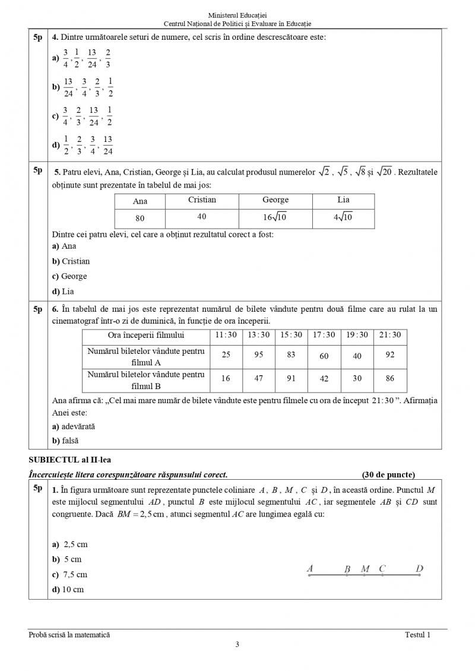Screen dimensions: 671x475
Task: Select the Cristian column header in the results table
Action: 202,200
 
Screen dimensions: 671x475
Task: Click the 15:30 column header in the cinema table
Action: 292,335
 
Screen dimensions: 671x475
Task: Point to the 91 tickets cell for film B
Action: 292,378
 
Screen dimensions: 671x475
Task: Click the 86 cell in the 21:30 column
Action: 389,378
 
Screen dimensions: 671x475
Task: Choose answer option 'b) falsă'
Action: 65,441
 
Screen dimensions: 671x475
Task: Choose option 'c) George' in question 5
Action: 69,276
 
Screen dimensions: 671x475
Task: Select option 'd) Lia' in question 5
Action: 63,292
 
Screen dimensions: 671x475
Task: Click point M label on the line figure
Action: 365,569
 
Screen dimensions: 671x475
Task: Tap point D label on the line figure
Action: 419,568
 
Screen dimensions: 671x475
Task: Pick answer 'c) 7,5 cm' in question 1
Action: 70,574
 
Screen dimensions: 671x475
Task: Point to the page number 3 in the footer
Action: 237,645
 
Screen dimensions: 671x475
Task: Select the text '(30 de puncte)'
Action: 388,474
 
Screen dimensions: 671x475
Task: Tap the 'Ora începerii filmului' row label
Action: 146,335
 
